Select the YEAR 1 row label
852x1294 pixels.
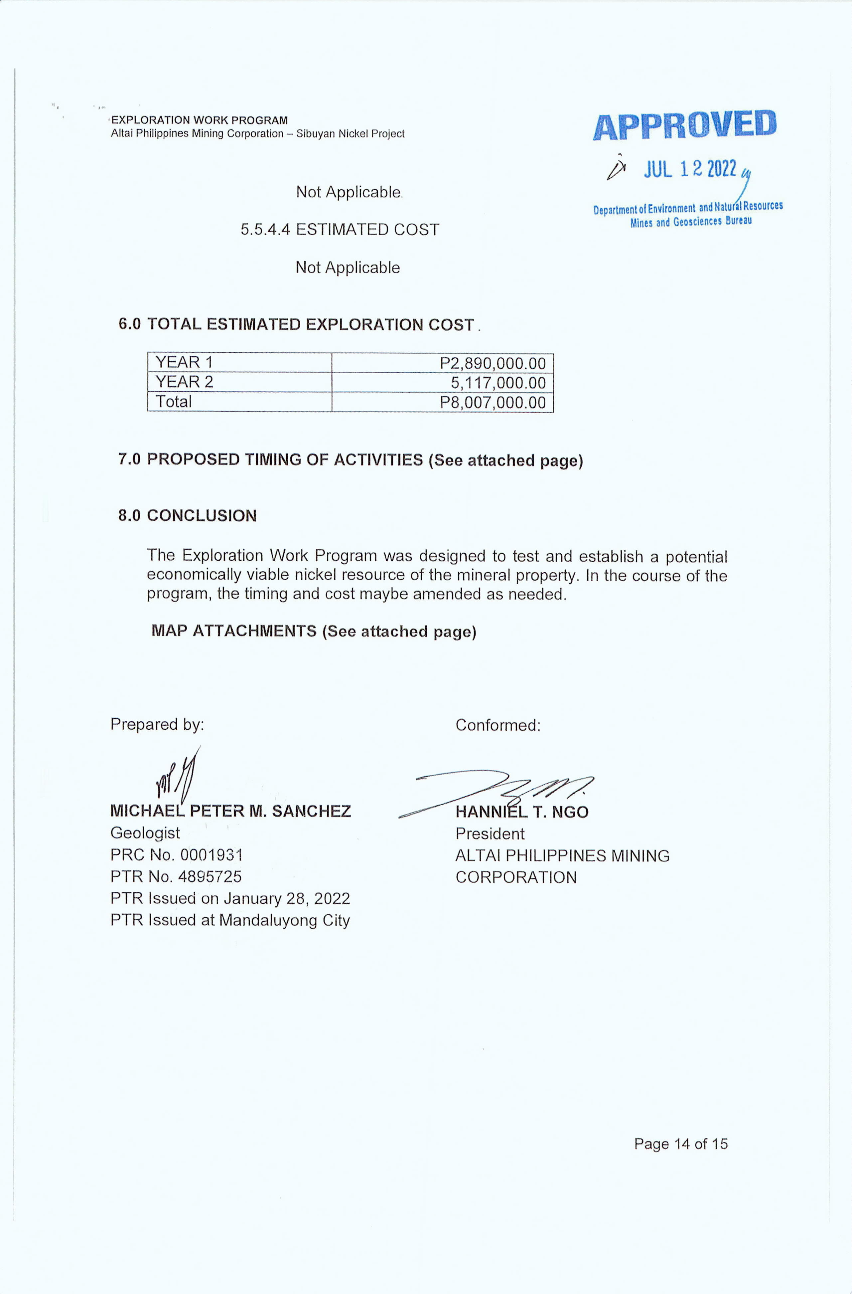[x=184, y=362]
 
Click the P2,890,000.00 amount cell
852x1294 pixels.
[x=492, y=363]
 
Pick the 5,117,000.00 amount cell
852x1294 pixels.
[x=498, y=383]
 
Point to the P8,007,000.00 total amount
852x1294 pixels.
[x=492, y=402]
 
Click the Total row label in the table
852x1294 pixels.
[x=174, y=402]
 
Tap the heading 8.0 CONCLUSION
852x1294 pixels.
[x=188, y=515]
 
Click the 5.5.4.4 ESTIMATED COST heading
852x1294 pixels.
[x=340, y=230]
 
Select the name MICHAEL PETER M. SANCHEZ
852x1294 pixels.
[x=230, y=811]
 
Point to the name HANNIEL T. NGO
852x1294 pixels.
[x=522, y=812]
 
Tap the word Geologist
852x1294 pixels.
[x=145, y=833]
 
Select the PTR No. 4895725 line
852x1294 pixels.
[x=176, y=876]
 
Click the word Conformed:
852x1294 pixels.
[x=498, y=725]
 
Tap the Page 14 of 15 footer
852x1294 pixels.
[x=680, y=1144]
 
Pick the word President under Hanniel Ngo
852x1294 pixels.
[x=490, y=834]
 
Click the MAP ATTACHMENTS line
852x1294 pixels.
[x=314, y=631]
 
